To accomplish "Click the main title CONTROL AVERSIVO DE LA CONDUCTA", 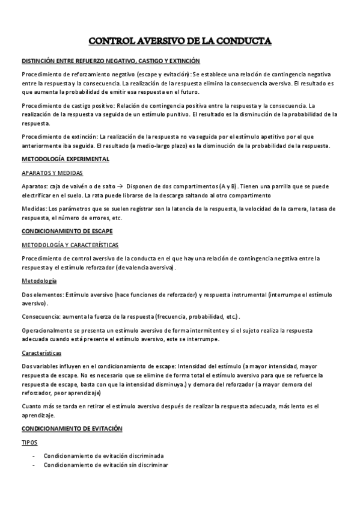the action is (x=180, y=41).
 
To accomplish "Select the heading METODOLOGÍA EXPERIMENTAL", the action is (x=66, y=159).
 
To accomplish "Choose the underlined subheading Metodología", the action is (x=39, y=281).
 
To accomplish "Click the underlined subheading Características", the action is (x=41, y=353).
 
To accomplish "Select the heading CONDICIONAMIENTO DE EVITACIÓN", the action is (x=72, y=428).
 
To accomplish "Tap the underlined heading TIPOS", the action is (x=29, y=442).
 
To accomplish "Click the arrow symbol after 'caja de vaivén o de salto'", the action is (x=120, y=185).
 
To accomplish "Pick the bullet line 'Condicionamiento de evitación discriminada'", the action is (x=103, y=456).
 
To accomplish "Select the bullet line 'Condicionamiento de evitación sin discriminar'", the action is (x=106, y=465).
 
